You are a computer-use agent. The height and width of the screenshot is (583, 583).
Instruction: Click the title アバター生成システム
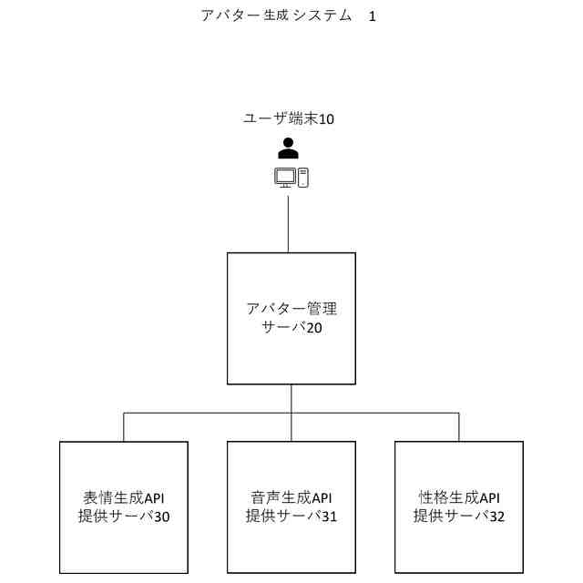tap(276, 16)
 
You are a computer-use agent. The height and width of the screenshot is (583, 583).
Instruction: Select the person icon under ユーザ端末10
tap(288, 148)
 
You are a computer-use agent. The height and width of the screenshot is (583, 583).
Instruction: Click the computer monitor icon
tap(285, 178)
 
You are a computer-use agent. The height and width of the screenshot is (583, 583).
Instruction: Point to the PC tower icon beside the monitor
tap(303, 177)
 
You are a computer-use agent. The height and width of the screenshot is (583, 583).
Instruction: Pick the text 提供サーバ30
tap(124, 517)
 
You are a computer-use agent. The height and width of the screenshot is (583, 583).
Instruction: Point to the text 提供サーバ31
tap(291, 517)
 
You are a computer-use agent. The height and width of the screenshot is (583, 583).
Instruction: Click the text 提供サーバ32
tap(459, 517)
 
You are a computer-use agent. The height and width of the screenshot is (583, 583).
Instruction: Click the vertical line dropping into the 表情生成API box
tap(124, 427)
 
